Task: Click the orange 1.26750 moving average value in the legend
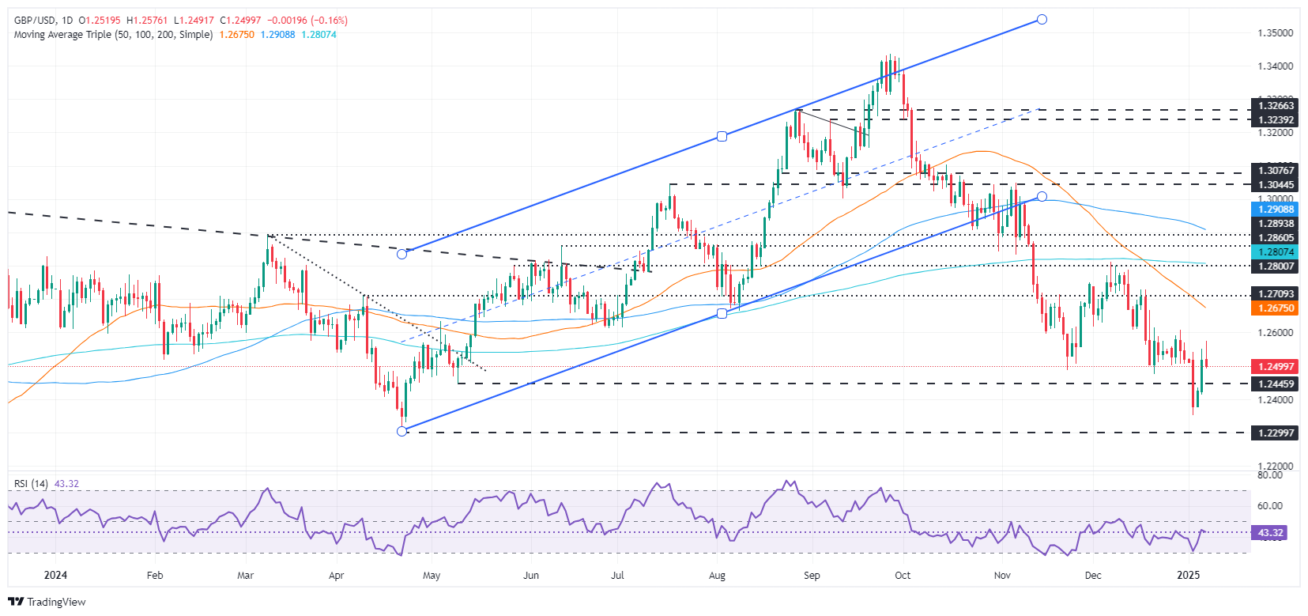[x=237, y=35]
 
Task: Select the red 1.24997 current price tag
[x=1276, y=366]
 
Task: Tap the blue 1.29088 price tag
[x=1276, y=210]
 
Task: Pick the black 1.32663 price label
[x=1276, y=106]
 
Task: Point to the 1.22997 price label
[x=1276, y=433]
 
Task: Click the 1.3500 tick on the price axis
[x=1275, y=33]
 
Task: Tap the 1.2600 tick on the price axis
[x=1275, y=333]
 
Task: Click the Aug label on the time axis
[x=718, y=576]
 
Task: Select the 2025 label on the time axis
[x=1189, y=576]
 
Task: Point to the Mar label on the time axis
[x=246, y=576]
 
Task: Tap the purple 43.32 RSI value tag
[x=1270, y=533]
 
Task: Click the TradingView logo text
[x=55, y=602]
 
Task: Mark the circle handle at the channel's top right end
[x=1042, y=19]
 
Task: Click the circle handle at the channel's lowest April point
[x=402, y=431]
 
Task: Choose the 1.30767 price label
[x=1276, y=171]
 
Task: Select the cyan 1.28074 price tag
[x=1276, y=252]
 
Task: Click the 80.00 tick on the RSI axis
[x=1269, y=475]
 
